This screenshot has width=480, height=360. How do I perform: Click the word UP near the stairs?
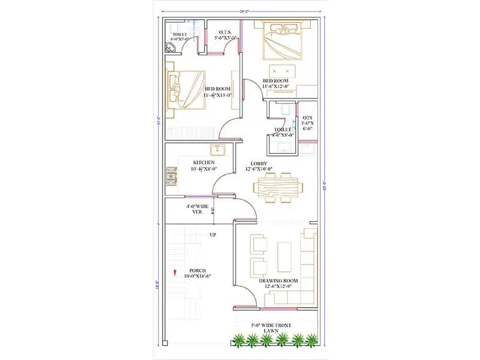click(212, 235)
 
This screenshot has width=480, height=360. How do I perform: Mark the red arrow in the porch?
click(175, 273)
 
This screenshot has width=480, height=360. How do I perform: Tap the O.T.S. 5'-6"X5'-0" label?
click(226, 34)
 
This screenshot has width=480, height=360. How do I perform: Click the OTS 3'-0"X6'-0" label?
click(307, 123)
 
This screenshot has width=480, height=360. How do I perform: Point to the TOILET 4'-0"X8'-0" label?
click(283, 132)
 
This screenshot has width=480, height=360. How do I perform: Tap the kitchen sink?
click(216, 149)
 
